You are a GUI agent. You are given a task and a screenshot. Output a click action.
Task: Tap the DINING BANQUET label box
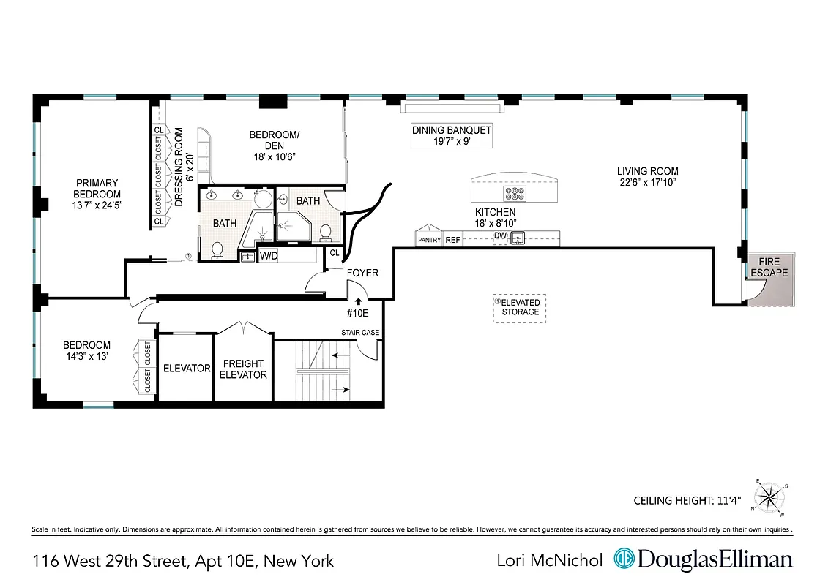coord(451,135)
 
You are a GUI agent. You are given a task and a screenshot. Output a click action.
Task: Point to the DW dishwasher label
coord(500,235)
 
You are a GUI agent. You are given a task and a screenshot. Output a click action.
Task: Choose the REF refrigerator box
coord(453,240)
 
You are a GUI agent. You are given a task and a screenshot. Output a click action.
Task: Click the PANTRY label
coord(428,240)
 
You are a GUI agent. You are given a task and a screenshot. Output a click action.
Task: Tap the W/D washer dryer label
coord(269,256)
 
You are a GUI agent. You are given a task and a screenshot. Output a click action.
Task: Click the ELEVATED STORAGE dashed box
coord(520,307)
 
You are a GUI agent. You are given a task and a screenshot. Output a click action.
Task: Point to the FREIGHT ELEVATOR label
coord(245,369)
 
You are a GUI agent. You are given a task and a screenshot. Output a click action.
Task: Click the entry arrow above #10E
coord(358,300)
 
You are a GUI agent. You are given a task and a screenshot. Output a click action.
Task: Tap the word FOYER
coord(362,273)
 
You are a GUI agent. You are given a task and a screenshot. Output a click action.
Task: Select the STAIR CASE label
coord(360,333)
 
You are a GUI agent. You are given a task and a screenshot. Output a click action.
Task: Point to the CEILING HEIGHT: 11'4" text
coord(687,501)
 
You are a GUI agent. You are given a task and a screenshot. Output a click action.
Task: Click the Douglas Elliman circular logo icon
coord(624,560)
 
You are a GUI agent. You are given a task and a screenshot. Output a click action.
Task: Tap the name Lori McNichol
coord(549,561)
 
